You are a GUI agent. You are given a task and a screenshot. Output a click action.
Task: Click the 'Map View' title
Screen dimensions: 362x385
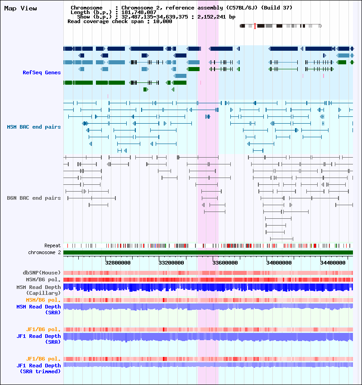coord(21,8)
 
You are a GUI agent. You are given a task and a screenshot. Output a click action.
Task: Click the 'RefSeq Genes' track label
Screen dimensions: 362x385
coord(42,72)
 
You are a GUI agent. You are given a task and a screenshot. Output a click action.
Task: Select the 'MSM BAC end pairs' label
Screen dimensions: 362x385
coord(34,127)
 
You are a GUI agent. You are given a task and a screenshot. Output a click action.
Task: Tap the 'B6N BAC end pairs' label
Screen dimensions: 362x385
coord(34,198)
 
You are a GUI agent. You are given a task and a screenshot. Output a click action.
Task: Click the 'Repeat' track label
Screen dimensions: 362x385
coord(52,245)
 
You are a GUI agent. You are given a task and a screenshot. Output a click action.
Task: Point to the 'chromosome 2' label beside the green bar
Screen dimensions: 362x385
coord(44,252)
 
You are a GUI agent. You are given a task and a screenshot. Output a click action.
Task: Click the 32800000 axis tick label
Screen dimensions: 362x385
coord(118,263)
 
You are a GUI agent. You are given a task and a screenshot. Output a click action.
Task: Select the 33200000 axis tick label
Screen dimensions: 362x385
coord(171,263)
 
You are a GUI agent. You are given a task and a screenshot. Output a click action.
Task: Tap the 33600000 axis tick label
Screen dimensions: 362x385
coord(225,263)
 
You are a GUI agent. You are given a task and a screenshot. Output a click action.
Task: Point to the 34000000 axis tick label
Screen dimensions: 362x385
coord(279,263)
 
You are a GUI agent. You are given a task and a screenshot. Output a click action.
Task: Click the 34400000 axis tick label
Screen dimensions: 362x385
coord(333,263)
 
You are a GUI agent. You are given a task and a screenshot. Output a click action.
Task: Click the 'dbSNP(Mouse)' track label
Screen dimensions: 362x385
coord(42,273)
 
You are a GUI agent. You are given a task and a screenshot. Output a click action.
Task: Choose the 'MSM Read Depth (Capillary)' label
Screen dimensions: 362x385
coord(38,290)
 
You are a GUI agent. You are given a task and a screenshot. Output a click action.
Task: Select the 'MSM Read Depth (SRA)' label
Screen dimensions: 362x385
coord(38,310)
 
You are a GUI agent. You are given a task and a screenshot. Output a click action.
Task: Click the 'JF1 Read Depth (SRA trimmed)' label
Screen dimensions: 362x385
coord(38,369)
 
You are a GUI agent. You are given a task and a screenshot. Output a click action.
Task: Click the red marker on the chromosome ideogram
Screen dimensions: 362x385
coord(255,26)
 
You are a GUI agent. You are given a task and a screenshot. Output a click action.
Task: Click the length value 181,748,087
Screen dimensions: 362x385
coord(139,12)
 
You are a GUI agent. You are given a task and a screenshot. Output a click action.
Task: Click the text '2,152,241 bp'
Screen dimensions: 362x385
coord(216,17)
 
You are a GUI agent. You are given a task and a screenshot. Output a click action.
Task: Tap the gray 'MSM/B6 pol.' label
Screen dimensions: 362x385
coord(43,279)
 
